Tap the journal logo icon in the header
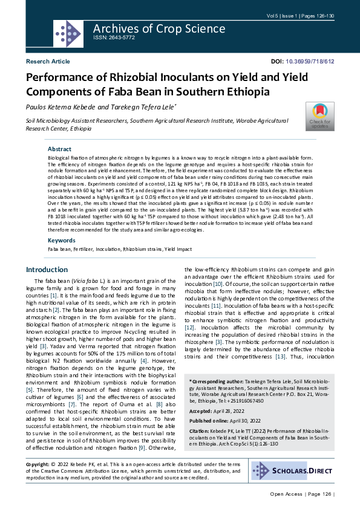[68, 34]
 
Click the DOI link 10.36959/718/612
[309, 62]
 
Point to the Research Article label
[48, 62]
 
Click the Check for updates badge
[319, 115]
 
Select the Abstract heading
[59, 149]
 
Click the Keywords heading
[62, 240]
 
